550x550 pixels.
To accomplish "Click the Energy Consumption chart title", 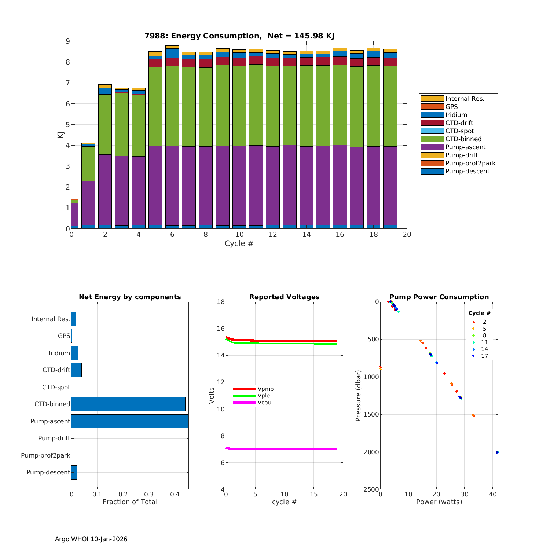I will pos(239,36).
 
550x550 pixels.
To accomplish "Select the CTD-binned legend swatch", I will pos(432,139).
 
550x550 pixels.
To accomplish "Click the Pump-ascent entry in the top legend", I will pos(465,147).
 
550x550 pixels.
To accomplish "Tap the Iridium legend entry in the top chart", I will pos(456,115).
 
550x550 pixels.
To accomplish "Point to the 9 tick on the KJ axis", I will pos(67,41).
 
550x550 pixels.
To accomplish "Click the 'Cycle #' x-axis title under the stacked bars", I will pos(239,243).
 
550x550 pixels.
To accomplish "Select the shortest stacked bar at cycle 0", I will pos(75,214).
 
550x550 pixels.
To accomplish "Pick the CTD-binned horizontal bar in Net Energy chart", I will pos(128,404).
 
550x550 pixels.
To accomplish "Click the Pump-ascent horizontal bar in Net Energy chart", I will pos(130,421).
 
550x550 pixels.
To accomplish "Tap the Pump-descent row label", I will pos(48,472).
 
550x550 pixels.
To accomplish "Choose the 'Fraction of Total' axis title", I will pos(130,502).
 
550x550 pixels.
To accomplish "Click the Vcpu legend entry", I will pos(264,403).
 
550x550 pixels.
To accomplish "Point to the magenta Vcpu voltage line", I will pos(282,449).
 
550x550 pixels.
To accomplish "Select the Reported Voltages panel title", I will pos(284,297).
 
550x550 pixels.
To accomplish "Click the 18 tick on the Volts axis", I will pos(220,302).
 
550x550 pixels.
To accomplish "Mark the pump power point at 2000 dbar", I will pos(497,452).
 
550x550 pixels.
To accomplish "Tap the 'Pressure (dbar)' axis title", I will pos(358,395).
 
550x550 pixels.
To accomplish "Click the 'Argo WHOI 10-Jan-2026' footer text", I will pos(91,539).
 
